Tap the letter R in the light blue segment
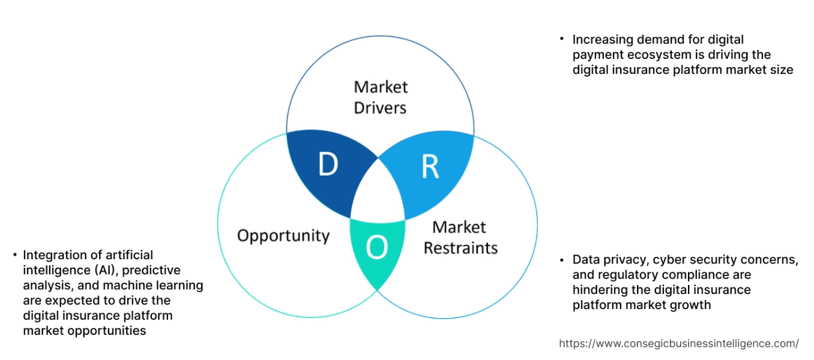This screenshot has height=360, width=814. click(x=430, y=167)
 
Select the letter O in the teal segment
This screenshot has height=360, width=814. click(x=376, y=248)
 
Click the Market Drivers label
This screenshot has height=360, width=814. click(x=380, y=97)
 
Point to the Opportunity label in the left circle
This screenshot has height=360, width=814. click(x=283, y=235)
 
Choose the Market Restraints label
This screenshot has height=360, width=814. click(x=460, y=238)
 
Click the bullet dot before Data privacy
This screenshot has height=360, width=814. click(x=562, y=260)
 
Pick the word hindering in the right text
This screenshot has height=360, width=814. click(x=601, y=290)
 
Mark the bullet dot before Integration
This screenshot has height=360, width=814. click(x=14, y=256)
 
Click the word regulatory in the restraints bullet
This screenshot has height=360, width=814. click(x=627, y=275)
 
